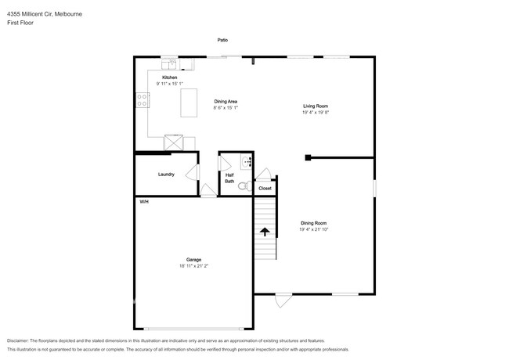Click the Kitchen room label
pos(169,78)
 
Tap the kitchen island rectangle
pos(190,103)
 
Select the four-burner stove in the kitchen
pos(143,100)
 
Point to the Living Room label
pos(316,106)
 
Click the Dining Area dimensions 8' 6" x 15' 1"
pos(226,108)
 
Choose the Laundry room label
pos(166,174)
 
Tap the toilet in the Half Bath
pos(243,186)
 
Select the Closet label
pos(265,189)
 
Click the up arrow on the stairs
pos(265,232)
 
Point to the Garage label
pos(193,259)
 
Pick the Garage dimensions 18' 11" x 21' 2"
pos(193,266)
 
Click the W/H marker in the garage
pos(144,202)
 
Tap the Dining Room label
pos(313,223)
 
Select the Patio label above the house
pos(223,39)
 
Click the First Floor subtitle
pos(20,23)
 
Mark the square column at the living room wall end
pos(308,157)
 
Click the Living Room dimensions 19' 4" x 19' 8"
pos(316,113)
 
